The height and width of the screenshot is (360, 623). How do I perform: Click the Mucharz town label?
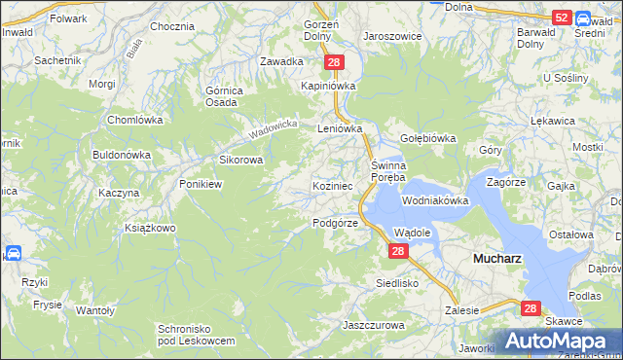[500, 260]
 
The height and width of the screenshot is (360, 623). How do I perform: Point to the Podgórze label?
[336, 223]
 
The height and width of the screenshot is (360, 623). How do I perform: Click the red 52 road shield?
[561, 18]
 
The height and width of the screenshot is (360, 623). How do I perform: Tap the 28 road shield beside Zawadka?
[334, 62]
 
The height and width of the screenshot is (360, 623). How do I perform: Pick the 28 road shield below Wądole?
[397, 251]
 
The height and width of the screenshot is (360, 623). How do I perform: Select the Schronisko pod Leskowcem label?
[197, 335]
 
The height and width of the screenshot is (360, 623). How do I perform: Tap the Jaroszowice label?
[392, 35]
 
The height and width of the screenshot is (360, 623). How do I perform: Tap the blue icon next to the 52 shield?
[583, 18]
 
